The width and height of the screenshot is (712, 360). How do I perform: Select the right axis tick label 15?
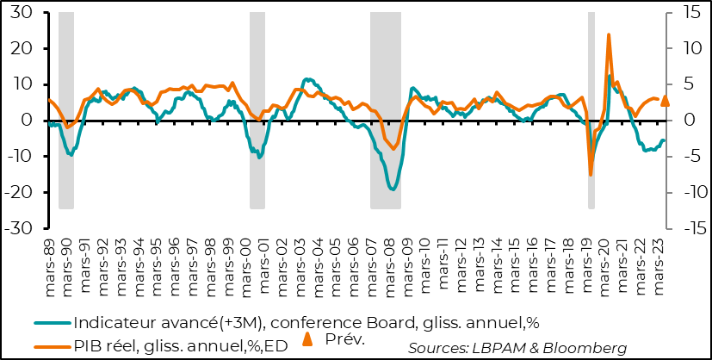pos(688,12)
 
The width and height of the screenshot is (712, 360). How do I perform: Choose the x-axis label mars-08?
pos(389,265)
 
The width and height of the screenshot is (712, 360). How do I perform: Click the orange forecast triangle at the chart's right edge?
pos(665,101)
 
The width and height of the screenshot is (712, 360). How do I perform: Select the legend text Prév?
pos(345,338)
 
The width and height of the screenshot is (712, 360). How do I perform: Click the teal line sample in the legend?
pos(53,324)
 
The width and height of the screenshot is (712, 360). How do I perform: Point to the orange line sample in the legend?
pos(53,346)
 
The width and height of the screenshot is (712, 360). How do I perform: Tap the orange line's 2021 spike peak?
pos(609,35)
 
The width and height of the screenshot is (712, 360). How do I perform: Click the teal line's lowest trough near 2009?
pos(393,189)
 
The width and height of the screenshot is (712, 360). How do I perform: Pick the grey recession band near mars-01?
pos(257,110)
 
